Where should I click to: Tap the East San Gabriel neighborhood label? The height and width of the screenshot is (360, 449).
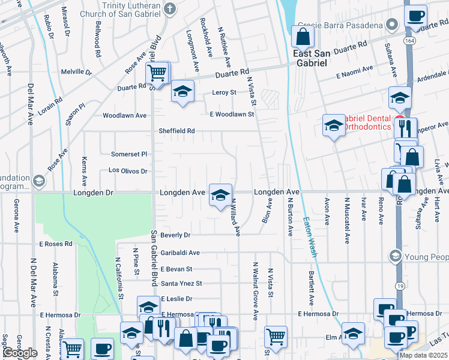coord(310,58)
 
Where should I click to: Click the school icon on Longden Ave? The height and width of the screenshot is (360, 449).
coord(220,194)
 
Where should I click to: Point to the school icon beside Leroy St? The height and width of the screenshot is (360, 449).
coord(182,92)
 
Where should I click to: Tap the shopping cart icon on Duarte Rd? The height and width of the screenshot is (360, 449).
coord(157,74)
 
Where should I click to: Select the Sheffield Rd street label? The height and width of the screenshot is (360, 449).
coord(176,131)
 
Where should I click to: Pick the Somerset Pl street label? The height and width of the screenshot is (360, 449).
coord(129,154)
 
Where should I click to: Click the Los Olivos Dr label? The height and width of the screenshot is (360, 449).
coord(128,171)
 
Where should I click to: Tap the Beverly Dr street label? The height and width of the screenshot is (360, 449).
coord(175,235)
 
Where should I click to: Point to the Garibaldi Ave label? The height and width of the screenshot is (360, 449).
coord(179,253)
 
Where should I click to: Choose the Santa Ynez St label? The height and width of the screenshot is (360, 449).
coord(181,283)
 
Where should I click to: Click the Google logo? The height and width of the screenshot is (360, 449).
coord(20,353)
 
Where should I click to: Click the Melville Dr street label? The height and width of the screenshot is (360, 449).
coord(76,72)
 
